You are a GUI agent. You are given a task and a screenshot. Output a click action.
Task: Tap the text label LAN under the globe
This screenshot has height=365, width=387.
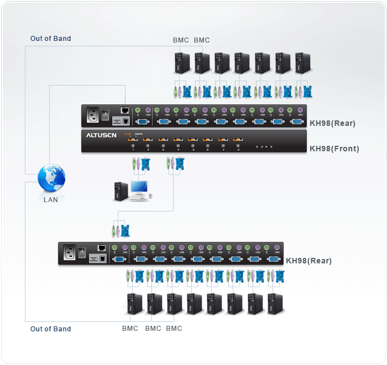(x=51, y=200)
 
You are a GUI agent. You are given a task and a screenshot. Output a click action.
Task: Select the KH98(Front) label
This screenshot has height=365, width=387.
(x=334, y=149)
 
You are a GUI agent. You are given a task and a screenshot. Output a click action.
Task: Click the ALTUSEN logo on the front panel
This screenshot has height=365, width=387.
(x=101, y=135)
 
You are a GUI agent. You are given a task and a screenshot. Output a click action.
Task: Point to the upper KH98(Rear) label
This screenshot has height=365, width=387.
(x=332, y=123)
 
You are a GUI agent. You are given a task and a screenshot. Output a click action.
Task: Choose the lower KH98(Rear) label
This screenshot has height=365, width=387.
(x=308, y=261)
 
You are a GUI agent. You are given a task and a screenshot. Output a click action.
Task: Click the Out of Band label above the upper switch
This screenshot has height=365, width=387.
(x=51, y=39)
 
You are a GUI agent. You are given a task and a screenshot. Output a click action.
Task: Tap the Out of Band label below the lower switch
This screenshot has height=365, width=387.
(x=51, y=329)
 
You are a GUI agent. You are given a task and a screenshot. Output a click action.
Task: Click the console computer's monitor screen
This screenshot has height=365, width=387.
(x=139, y=188)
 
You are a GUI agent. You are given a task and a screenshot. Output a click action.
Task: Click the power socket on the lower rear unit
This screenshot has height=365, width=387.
(x=70, y=253)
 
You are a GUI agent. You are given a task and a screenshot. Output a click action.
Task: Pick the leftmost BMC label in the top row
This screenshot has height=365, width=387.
(x=181, y=40)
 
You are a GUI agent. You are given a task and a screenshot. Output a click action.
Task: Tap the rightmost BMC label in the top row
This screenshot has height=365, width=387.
(x=202, y=40)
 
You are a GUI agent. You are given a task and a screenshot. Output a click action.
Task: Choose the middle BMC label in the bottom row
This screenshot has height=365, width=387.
(x=153, y=329)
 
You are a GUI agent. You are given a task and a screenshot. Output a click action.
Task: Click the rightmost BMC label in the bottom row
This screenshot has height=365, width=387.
(x=174, y=329)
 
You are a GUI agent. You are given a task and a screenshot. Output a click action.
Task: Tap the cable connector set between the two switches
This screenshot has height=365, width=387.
(x=121, y=230)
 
